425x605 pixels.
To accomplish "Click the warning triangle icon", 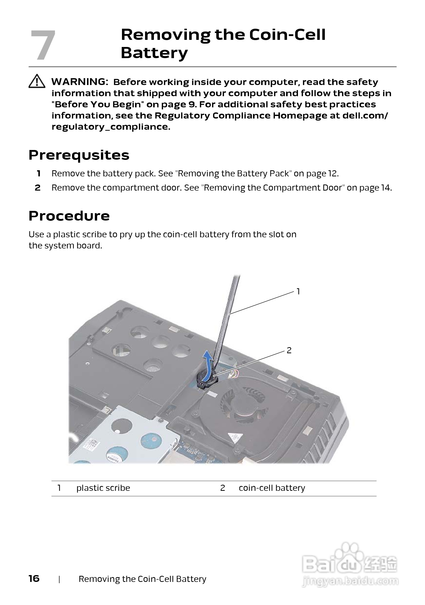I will pyautogui.click(x=37, y=81).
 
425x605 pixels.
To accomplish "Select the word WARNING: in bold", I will pyautogui.click(x=80, y=82).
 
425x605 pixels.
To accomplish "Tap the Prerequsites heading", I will pyautogui.click(x=79, y=155).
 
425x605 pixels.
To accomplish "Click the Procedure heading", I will pyautogui.click(x=69, y=216).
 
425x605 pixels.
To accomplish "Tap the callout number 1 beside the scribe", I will pyautogui.click(x=298, y=291).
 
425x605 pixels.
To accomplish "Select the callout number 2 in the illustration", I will pyautogui.click(x=289, y=350).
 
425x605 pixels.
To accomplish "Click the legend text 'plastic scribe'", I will pyautogui.click(x=103, y=488).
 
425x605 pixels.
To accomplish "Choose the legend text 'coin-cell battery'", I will pyautogui.click(x=272, y=488).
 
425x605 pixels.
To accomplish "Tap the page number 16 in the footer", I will pyautogui.click(x=34, y=579).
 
